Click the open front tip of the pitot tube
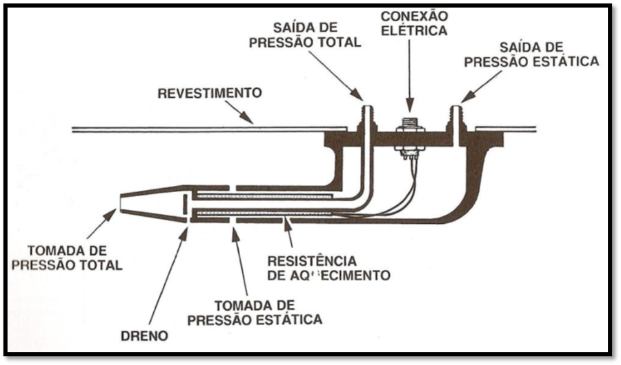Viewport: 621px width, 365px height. [x=123, y=202]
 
